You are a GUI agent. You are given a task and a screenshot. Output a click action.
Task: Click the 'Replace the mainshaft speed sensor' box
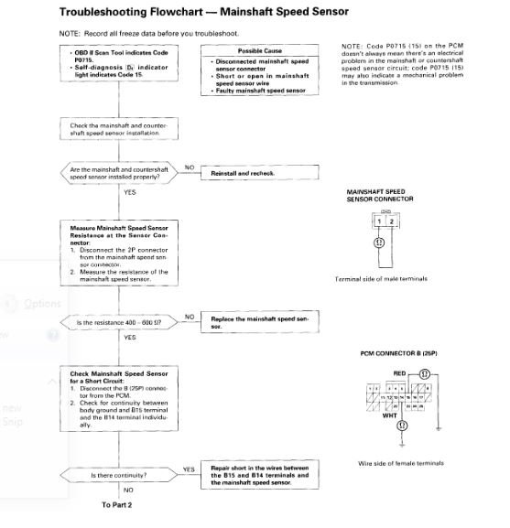pyautogui.click(x=262, y=321)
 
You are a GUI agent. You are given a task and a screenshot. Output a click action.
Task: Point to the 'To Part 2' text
pyautogui.click(x=119, y=502)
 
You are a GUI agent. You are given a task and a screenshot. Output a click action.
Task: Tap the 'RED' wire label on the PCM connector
pyautogui.click(x=399, y=373)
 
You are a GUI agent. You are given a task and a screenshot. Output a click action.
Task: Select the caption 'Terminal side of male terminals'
pyautogui.click(x=382, y=278)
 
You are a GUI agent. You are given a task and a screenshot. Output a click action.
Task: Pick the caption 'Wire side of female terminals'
pyautogui.click(x=400, y=463)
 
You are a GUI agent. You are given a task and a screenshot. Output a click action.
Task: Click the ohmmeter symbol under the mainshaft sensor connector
pyautogui.click(x=378, y=243)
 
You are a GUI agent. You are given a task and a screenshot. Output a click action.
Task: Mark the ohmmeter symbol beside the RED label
pyautogui.click(x=425, y=374)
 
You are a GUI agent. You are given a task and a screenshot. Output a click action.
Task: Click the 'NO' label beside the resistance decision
pyautogui.click(x=190, y=316)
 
